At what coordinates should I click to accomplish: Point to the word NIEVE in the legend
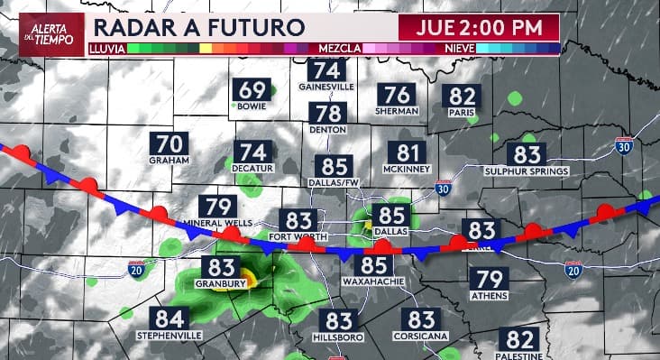tap(460, 46)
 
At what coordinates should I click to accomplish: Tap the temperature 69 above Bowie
tap(253, 90)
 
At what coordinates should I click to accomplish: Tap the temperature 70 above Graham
tap(170, 143)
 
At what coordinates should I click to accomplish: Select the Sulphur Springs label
tap(527, 171)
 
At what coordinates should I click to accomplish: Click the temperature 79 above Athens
tap(488, 279)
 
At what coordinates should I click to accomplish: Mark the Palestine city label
tap(520, 356)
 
